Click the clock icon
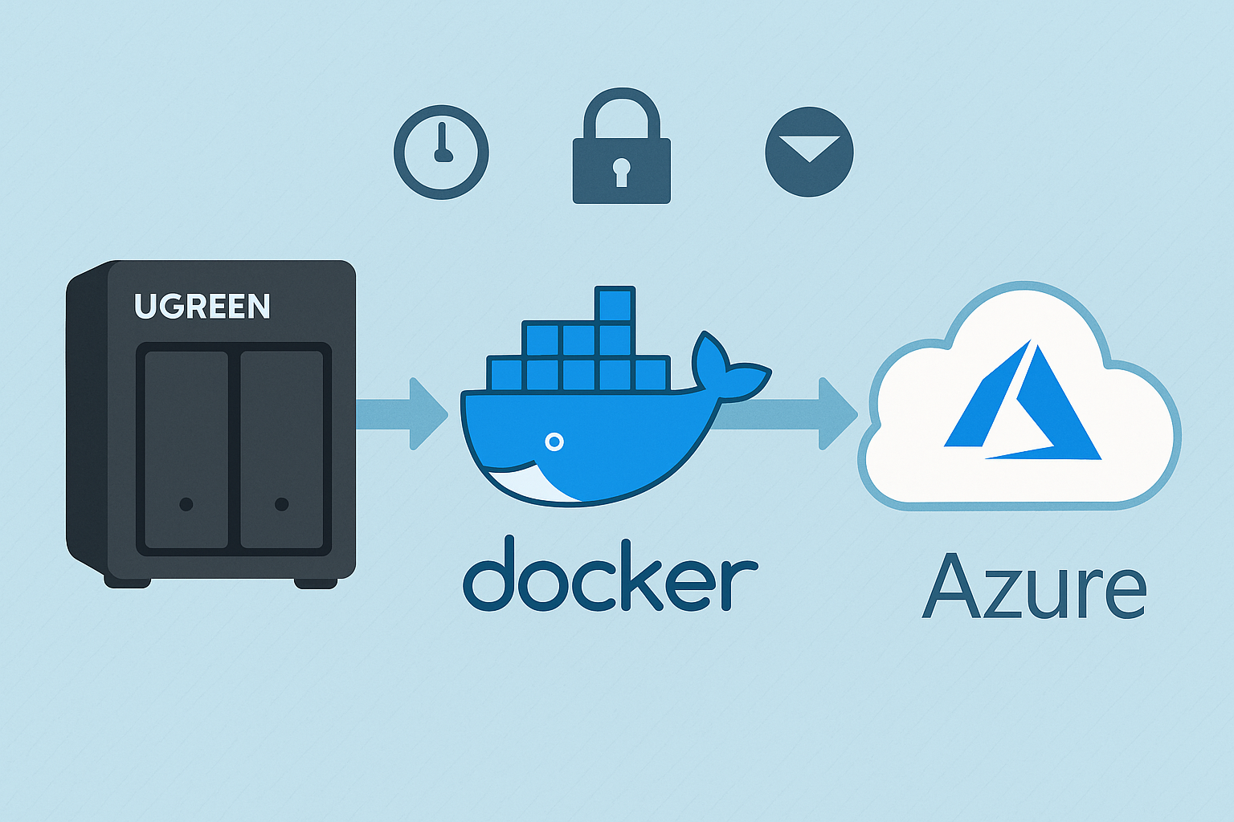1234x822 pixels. coord(441,152)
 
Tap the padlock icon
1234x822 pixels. coord(621,153)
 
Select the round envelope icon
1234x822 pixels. coord(809,152)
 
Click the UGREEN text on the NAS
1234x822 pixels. coord(202,306)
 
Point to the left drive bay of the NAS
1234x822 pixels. coord(186,450)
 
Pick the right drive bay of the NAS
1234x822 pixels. coord(281,450)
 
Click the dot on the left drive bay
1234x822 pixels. coord(186,504)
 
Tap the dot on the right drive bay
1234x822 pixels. coord(281,504)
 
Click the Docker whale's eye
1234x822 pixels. coord(554,442)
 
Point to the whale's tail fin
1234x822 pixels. coord(727,369)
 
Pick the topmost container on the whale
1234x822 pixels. coord(616,305)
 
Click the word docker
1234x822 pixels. coord(609,575)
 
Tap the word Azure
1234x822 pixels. coord(1035,586)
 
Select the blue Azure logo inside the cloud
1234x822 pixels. coord(1022,405)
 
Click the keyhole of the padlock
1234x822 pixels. coord(621,171)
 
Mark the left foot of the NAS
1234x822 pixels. coord(127,582)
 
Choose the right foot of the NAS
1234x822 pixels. coord(315,583)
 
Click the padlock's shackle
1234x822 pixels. coord(621,108)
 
